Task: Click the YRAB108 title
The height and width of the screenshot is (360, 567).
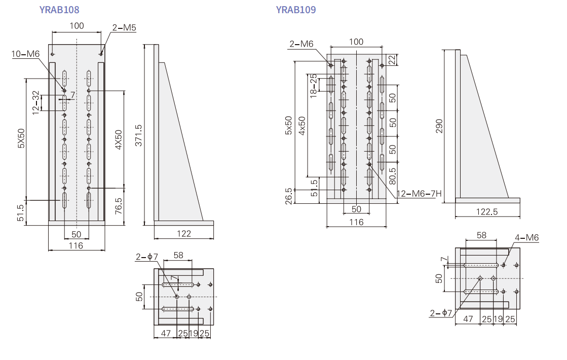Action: (59, 10)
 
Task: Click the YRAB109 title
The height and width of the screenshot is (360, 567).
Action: (296, 10)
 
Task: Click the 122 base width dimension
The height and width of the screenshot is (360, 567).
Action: (184, 233)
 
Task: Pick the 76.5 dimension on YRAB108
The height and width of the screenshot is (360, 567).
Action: (119, 206)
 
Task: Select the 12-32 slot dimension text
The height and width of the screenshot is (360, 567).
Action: (35, 103)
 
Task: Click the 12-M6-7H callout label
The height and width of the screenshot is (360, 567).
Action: (419, 193)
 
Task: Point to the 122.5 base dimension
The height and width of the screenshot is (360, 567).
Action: (487, 211)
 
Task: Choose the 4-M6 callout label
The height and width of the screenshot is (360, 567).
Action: (527, 237)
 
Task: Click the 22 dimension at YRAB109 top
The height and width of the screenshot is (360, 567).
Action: (392, 60)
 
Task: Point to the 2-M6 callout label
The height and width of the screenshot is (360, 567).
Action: (301, 44)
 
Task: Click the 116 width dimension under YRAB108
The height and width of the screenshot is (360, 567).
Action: (77, 245)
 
